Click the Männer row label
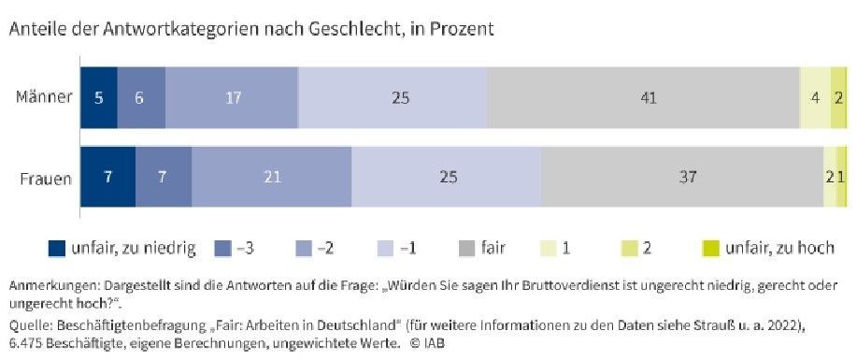pyautogui.click(x=44, y=98)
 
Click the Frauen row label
pyautogui.click(x=46, y=179)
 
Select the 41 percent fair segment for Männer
pyautogui.click(x=643, y=98)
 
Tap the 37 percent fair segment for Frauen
pyautogui.click(x=682, y=178)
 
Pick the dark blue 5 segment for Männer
pyautogui.click(x=99, y=98)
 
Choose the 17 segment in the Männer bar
pyautogui.click(x=232, y=98)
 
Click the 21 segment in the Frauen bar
pyautogui.click(x=272, y=178)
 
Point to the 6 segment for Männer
pyautogui.click(x=141, y=98)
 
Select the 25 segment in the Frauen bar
pyautogui.click(x=447, y=178)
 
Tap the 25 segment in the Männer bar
pyautogui.click(x=393, y=98)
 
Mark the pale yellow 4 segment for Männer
pyautogui.click(x=815, y=98)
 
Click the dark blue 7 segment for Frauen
pyautogui.click(x=107, y=178)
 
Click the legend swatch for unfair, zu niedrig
pyautogui.click(x=57, y=249)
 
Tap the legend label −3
pyautogui.click(x=246, y=249)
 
